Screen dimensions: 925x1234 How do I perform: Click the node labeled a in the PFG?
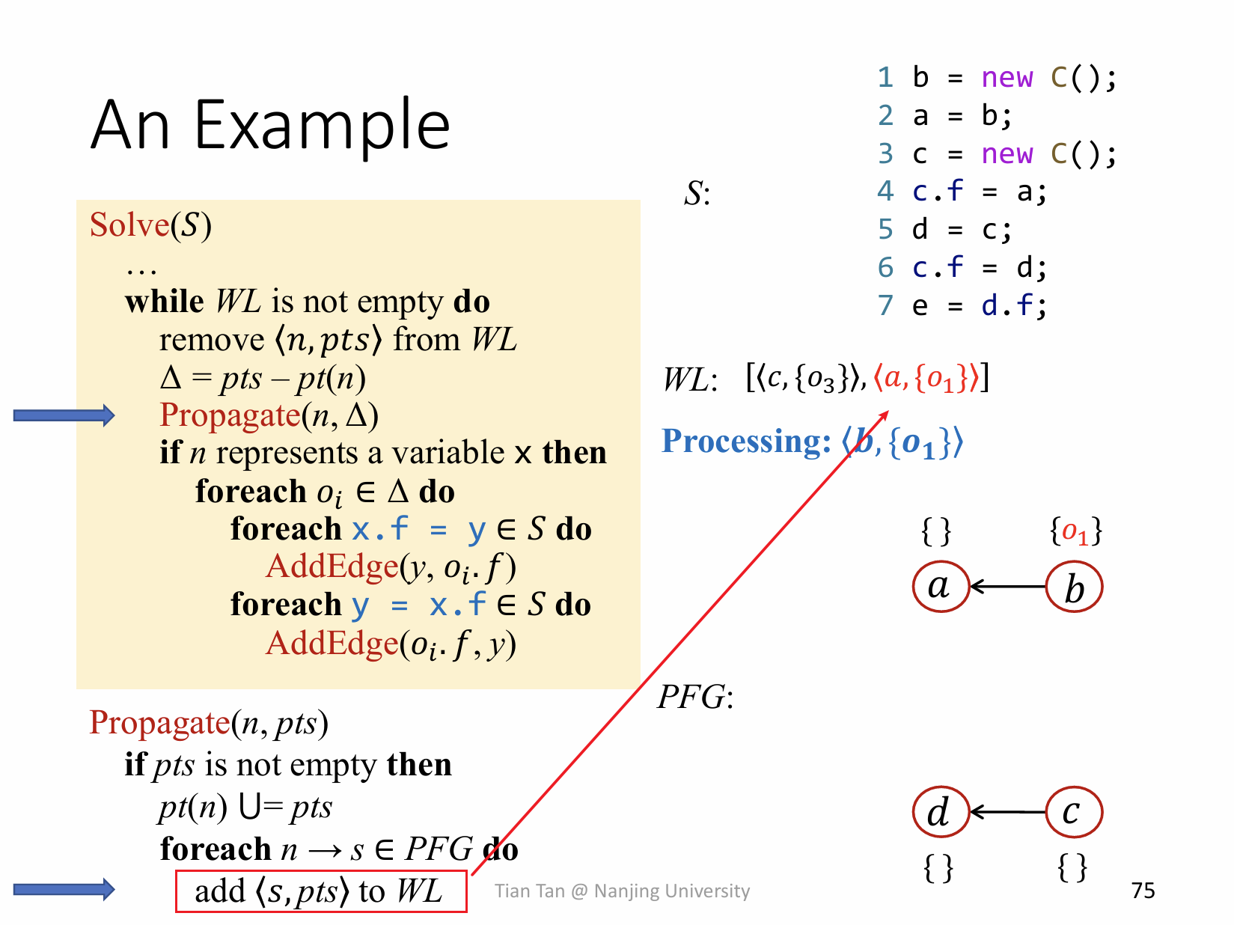tap(941, 586)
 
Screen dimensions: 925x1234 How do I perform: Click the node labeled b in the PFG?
tap(1074, 586)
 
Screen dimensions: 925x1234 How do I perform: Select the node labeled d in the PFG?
tap(941, 812)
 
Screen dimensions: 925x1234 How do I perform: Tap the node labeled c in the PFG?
tap(1074, 812)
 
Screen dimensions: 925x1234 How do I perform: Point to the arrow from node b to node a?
tap(1007, 586)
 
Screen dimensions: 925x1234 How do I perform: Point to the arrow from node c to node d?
tap(1007, 812)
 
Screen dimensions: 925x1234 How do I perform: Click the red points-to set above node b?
tap(1075, 532)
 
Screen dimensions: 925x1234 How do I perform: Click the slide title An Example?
tap(270, 124)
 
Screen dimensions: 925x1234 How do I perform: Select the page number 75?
tap(1143, 891)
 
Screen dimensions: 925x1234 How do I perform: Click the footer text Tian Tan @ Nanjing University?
tap(622, 891)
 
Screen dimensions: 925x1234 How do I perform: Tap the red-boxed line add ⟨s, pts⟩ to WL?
tap(321, 891)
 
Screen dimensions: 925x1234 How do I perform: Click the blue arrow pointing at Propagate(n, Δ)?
tap(64, 415)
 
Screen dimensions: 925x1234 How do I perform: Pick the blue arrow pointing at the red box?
tap(64, 889)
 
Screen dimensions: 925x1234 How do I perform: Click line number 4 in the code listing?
tap(885, 192)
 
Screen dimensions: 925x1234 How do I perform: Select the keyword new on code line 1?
tap(1007, 78)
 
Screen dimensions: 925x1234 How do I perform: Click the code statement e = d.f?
tap(979, 305)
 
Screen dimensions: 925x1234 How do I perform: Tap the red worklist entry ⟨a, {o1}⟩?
tap(926, 378)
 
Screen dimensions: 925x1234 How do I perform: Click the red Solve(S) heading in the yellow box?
tap(150, 225)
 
